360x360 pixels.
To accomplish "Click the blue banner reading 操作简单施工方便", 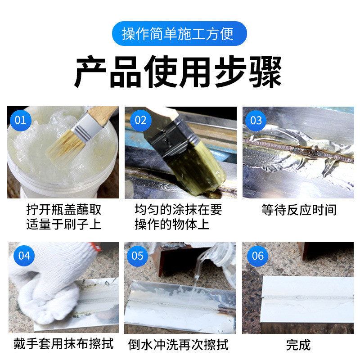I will (180, 34).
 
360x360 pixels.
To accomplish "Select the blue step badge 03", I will (256, 120).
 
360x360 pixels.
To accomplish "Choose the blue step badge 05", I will (137, 256).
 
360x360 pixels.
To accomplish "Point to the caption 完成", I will (298, 345).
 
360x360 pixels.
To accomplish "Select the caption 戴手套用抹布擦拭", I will (63, 344).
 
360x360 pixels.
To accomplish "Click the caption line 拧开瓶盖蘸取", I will (63, 210).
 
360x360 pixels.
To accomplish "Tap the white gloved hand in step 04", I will (40, 288).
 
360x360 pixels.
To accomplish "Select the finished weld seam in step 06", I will (301, 297).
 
